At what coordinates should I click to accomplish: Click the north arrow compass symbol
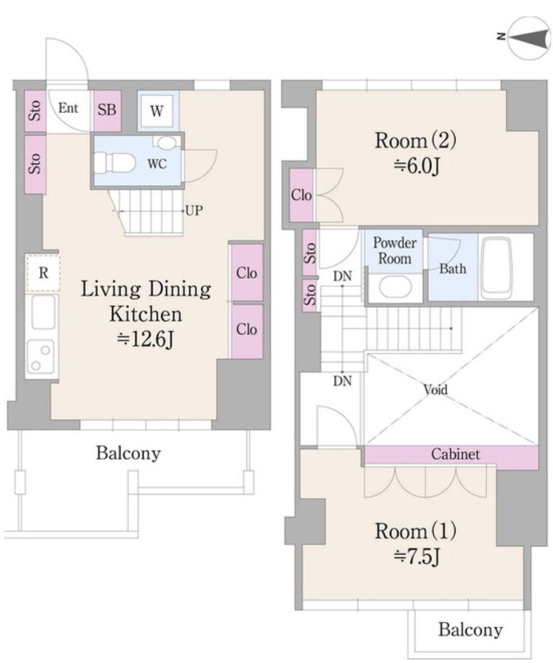529,38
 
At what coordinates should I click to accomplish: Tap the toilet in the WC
114,163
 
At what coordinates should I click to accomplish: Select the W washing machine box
156,111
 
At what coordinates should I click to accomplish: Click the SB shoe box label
107,110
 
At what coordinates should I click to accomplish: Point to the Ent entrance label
68,108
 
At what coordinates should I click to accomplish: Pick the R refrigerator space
42,273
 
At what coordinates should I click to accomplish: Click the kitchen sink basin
43,312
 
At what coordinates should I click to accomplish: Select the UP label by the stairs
194,210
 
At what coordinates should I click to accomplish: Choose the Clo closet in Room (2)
301,195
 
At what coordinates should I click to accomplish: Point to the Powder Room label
395,250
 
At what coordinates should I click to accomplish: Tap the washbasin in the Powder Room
395,287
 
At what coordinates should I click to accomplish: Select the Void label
436,388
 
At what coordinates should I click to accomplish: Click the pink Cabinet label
456,454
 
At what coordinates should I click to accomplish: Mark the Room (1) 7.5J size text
416,556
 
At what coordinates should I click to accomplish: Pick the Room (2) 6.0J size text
416,166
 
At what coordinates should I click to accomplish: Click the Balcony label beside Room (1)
470,630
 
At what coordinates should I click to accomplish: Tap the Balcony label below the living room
128,454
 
